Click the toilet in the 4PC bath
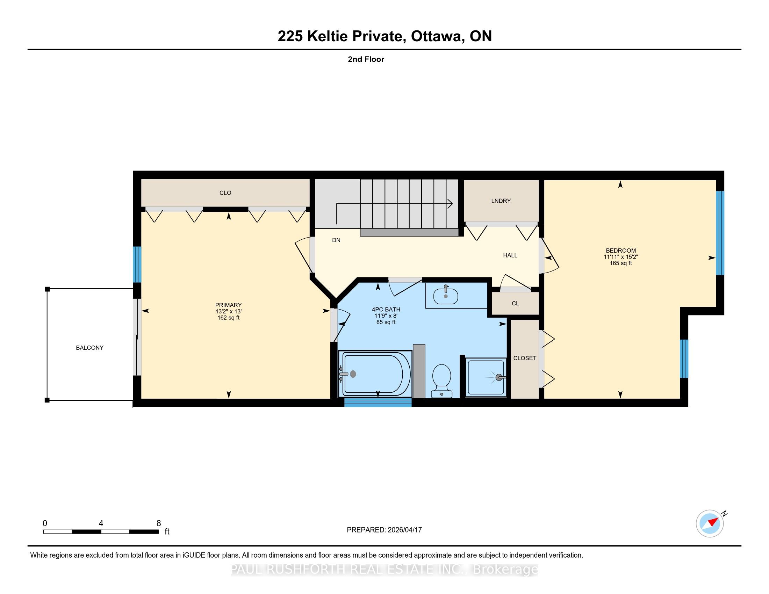[441, 381]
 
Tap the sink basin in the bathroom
[445, 296]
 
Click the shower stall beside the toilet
[486, 378]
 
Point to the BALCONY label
[90, 348]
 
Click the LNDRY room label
[501, 201]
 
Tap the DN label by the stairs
[336, 240]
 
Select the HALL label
[510, 255]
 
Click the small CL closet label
[516, 303]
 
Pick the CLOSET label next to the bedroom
[525, 358]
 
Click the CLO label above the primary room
[225, 193]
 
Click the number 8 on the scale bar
[159, 523]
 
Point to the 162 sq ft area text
[229, 318]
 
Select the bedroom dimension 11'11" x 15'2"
[621, 257]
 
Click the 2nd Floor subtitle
[366, 59]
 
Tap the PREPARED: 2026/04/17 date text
[384, 530]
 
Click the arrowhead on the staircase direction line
[450, 204]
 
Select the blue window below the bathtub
[378, 403]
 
